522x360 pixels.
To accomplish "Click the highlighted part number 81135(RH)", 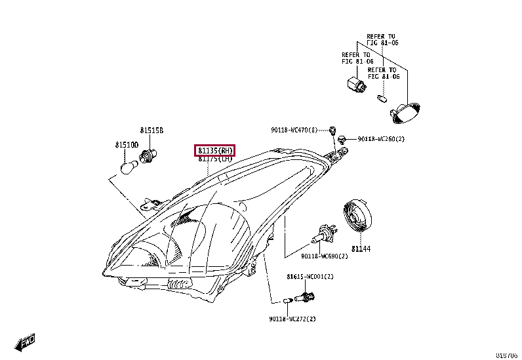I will pyautogui.click(x=214, y=150).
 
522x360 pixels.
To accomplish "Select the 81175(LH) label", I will pyautogui.click(x=214, y=159).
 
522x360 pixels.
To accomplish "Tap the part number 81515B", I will pyautogui.click(x=150, y=130).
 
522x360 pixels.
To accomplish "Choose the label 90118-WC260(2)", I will pyautogui.click(x=381, y=139).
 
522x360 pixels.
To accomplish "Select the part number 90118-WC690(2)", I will pyautogui.click(x=325, y=256).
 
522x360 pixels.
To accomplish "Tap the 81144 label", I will pyautogui.click(x=360, y=249).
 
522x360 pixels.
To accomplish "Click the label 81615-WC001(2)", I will pyautogui.click(x=310, y=277).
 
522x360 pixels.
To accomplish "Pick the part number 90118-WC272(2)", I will pyautogui.click(x=292, y=319).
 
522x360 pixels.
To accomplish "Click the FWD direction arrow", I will pyautogui.click(x=26, y=342).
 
